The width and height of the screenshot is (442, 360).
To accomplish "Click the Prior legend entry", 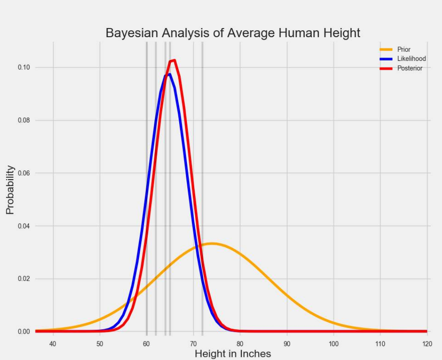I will pyautogui.click(x=404, y=50).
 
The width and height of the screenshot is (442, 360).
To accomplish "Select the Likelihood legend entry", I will pyautogui.click(x=411, y=59).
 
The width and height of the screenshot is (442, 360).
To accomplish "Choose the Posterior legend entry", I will pyautogui.click(x=410, y=68).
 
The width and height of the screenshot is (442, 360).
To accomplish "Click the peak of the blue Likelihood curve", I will pyautogui.click(x=169, y=74).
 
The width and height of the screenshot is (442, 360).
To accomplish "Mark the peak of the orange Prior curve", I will pyautogui.click(x=212, y=243).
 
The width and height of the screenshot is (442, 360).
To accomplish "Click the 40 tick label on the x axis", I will pyautogui.click(x=53, y=344).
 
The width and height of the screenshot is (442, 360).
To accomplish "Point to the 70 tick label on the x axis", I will pyautogui.click(x=193, y=344).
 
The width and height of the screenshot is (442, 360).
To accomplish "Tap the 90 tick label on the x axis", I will pyautogui.click(x=287, y=344).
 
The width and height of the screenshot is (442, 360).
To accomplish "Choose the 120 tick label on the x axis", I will pyautogui.click(x=427, y=344).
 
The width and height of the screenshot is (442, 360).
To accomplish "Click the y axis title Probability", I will pyautogui.click(x=10, y=190).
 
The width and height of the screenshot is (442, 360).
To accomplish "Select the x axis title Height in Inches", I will pyautogui.click(x=233, y=354).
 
